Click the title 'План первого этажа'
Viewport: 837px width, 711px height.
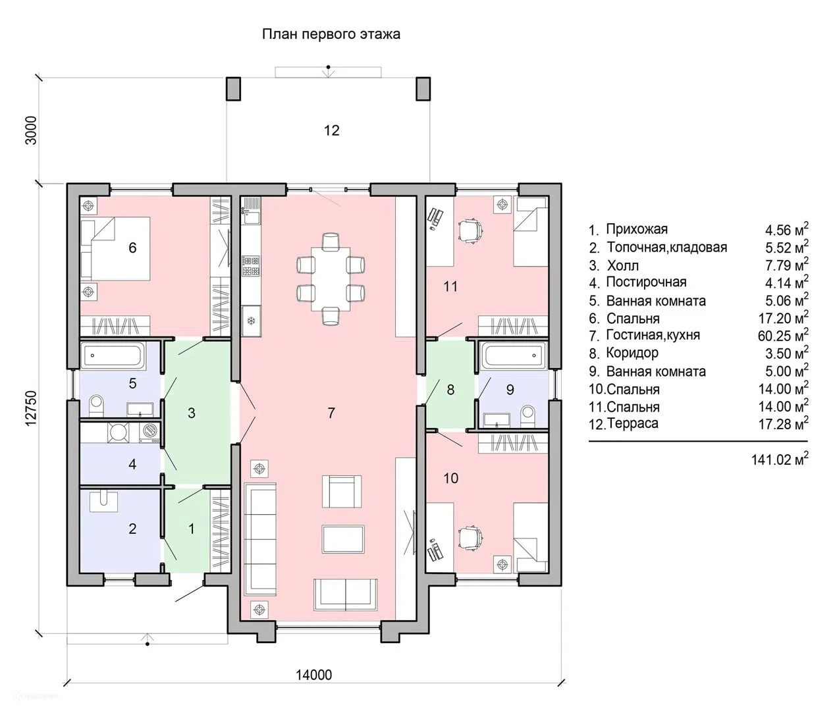[x=331, y=34]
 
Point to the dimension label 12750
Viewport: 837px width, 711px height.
[x=31, y=408]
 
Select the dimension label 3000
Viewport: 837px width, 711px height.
[x=31, y=130]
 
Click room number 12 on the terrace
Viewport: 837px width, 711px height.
[x=331, y=130]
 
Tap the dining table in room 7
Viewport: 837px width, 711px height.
[x=331, y=279]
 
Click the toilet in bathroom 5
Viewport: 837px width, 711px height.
[x=96, y=406]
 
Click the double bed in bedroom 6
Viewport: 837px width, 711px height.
[x=115, y=248]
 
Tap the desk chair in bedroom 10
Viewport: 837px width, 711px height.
[x=471, y=538]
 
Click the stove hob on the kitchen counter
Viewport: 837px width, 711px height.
[x=251, y=266]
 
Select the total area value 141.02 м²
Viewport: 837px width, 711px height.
[x=780, y=459]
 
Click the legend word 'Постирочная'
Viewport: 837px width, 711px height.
[x=646, y=282]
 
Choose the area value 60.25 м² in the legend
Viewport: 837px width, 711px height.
[x=784, y=335]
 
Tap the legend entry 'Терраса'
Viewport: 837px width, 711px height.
[x=632, y=423]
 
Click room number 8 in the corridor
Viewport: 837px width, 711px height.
[x=450, y=390]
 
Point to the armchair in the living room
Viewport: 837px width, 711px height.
[x=342, y=491]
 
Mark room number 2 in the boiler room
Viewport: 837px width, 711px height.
[x=132, y=529]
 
